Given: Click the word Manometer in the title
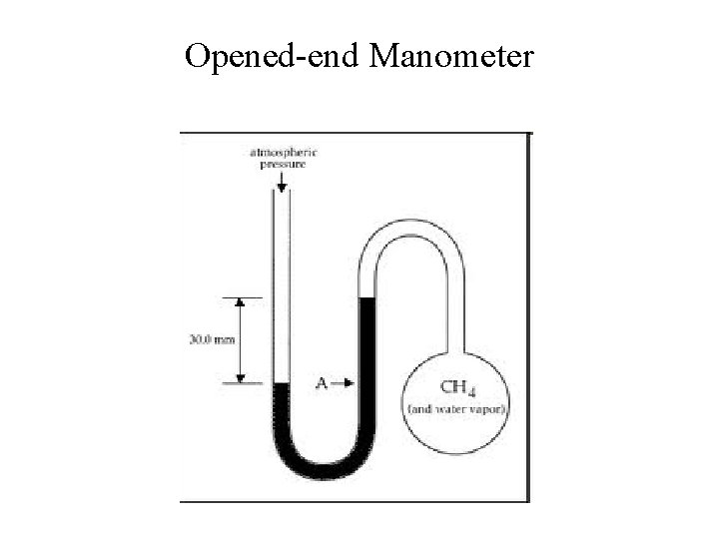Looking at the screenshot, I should point(452,57).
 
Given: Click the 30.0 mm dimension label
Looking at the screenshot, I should point(212,339).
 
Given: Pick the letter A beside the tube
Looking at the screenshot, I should point(322,382).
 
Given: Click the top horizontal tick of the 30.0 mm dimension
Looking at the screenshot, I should point(241,297).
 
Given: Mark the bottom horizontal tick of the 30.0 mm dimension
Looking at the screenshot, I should point(241,381).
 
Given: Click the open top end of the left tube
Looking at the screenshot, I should point(282,196).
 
